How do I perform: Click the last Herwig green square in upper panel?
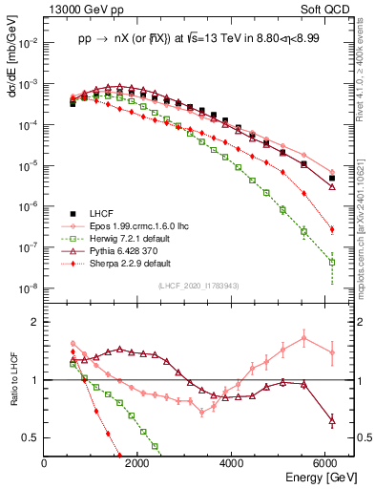tap(332, 262)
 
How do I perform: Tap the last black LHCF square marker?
tap(332, 178)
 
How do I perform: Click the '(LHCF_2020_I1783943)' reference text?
tap(198, 287)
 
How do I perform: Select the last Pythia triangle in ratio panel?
tap(332, 420)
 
